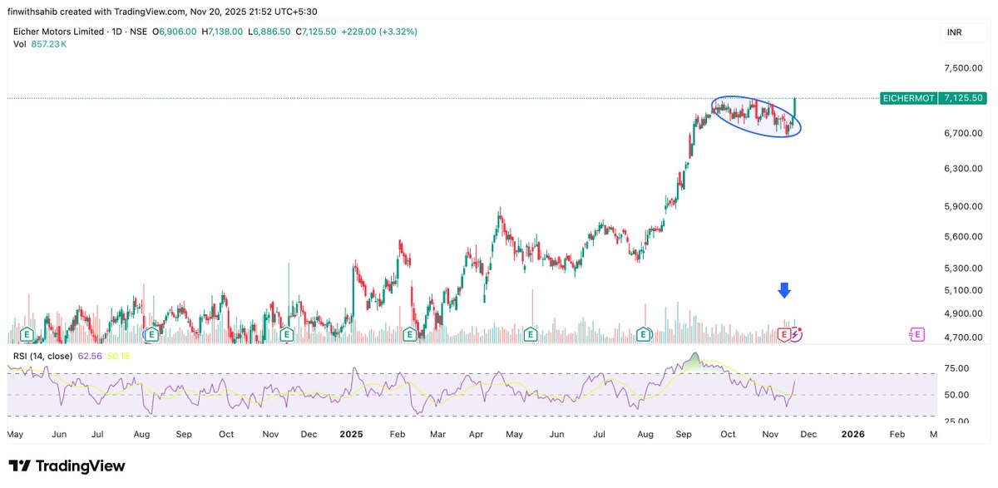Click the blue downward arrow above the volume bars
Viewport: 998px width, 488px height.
[783, 290]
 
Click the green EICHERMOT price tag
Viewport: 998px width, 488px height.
[907, 98]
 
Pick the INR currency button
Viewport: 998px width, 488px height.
[955, 32]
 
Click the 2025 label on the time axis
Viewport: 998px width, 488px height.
[351, 434]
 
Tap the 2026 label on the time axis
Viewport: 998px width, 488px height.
[853, 434]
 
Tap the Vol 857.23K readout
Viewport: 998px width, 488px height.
[41, 43]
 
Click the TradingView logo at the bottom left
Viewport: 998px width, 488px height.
[67, 466]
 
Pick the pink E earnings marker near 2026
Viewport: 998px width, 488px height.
[916, 334]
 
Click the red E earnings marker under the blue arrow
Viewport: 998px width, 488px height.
[783, 334]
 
